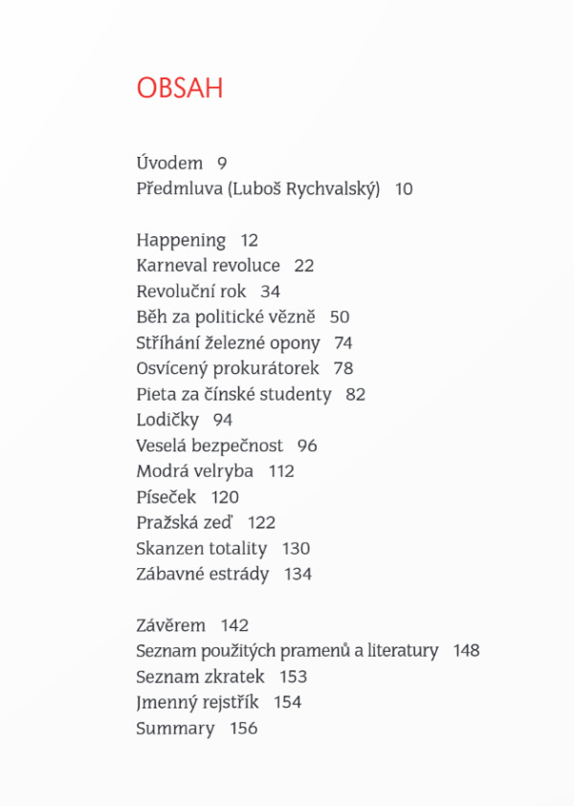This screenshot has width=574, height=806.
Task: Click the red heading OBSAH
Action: [x=180, y=89]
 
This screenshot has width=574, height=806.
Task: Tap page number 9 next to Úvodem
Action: [x=222, y=163]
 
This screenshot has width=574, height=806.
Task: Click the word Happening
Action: [x=181, y=241]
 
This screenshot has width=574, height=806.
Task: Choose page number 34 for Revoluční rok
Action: [x=270, y=292]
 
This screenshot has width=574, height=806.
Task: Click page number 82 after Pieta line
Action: [x=356, y=394]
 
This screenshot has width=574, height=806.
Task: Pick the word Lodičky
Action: [x=167, y=420]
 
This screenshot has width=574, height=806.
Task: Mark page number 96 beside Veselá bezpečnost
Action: [x=307, y=446]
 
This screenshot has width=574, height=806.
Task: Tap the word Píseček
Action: [x=166, y=497]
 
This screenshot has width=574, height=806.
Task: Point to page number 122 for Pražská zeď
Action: [x=261, y=523]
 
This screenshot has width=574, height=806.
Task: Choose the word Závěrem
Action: [x=171, y=626]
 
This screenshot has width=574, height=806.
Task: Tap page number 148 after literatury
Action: [x=467, y=651]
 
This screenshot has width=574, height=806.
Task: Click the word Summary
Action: [x=175, y=729]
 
